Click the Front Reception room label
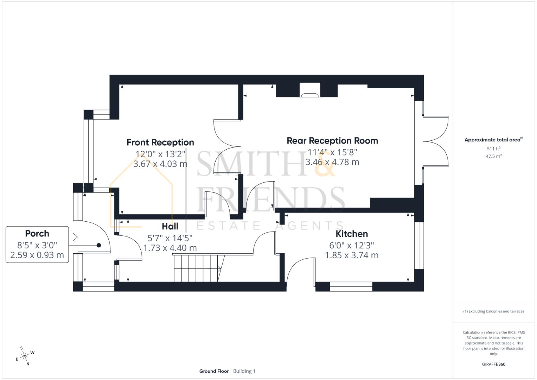[x=160, y=142]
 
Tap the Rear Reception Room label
[x=332, y=141]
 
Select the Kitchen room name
[x=352, y=234]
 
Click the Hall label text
[x=170, y=226]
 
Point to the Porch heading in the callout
[x=37, y=234]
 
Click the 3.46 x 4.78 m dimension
[x=332, y=162]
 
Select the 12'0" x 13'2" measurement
[x=160, y=154]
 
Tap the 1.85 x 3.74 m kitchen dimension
[x=352, y=255]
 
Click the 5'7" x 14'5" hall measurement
[x=170, y=238]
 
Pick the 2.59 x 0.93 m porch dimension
[x=37, y=255]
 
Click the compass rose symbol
[x=25, y=356]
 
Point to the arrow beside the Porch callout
[x=73, y=237]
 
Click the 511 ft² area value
[x=493, y=149]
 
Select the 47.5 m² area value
[x=493, y=156]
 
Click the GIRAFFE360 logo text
[x=493, y=364]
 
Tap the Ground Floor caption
[x=214, y=371]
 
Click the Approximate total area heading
[x=493, y=140]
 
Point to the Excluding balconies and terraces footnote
[x=493, y=311]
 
